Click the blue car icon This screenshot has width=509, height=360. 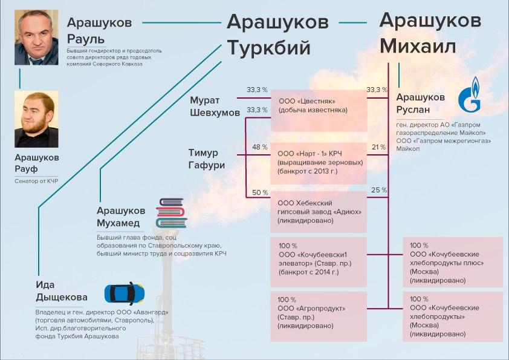(x=126, y=293)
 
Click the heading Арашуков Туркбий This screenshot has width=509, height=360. (x=277, y=34)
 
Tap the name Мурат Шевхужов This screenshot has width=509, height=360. (x=214, y=106)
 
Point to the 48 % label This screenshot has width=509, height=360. (x=259, y=147)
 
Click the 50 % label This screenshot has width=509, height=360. (x=259, y=192)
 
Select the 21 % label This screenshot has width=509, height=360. (x=378, y=147)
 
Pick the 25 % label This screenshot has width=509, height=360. (x=379, y=191)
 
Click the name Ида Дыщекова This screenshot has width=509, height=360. (x=61, y=292)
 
